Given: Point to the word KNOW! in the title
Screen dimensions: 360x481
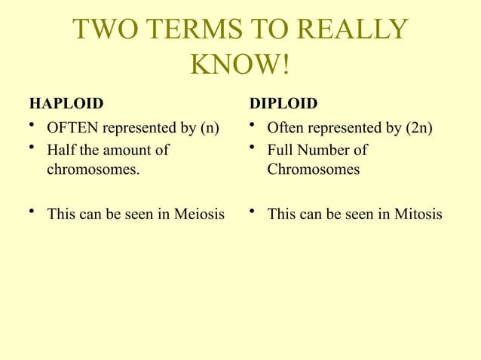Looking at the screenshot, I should [x=240, y=66].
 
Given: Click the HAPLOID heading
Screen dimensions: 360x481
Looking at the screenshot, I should [x=66, y=102].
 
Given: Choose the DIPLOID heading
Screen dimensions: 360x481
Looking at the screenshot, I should [x=283, y=102].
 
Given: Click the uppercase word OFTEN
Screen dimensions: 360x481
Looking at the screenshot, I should [x=73, y=128].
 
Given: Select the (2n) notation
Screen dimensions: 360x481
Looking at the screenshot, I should [x=419, y=128].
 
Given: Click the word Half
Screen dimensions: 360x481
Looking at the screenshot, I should [x=61, y=150].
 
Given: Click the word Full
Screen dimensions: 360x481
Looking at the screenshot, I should [x=280, y=150].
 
